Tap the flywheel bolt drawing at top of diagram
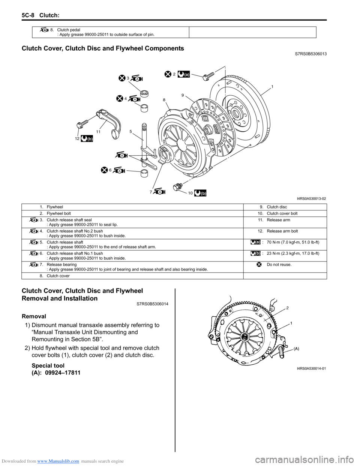[x=208, y=76]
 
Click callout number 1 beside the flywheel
[x=272, y=87]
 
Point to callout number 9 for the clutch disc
[x=183, y=95]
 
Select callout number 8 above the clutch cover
[x=164, y=100]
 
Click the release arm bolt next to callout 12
[x=82, y=123]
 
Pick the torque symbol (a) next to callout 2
[x=184, y=74]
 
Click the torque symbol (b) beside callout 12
[x=87, y=139]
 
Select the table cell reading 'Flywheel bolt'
[x=58, y=213]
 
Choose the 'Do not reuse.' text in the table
[x=279, y=265]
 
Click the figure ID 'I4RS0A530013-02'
[x=311, y=198]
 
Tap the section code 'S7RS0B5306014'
[x=150, y=304]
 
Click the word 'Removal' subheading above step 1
[x=34, y=316]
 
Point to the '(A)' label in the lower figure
[x=296, y=349]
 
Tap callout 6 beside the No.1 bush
[x=110, y=170]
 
